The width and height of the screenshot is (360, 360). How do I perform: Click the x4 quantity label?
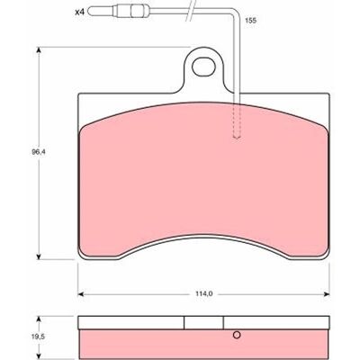tap(79, 13)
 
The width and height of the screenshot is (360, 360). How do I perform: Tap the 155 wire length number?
tap(251, 21)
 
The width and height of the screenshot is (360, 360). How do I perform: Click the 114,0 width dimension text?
tap(204, 294)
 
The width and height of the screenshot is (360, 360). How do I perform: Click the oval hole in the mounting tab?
tap(203, 67)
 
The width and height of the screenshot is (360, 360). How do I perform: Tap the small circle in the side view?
tap(237, 335)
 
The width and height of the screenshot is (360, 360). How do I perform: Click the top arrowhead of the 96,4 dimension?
tap(39, 49)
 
